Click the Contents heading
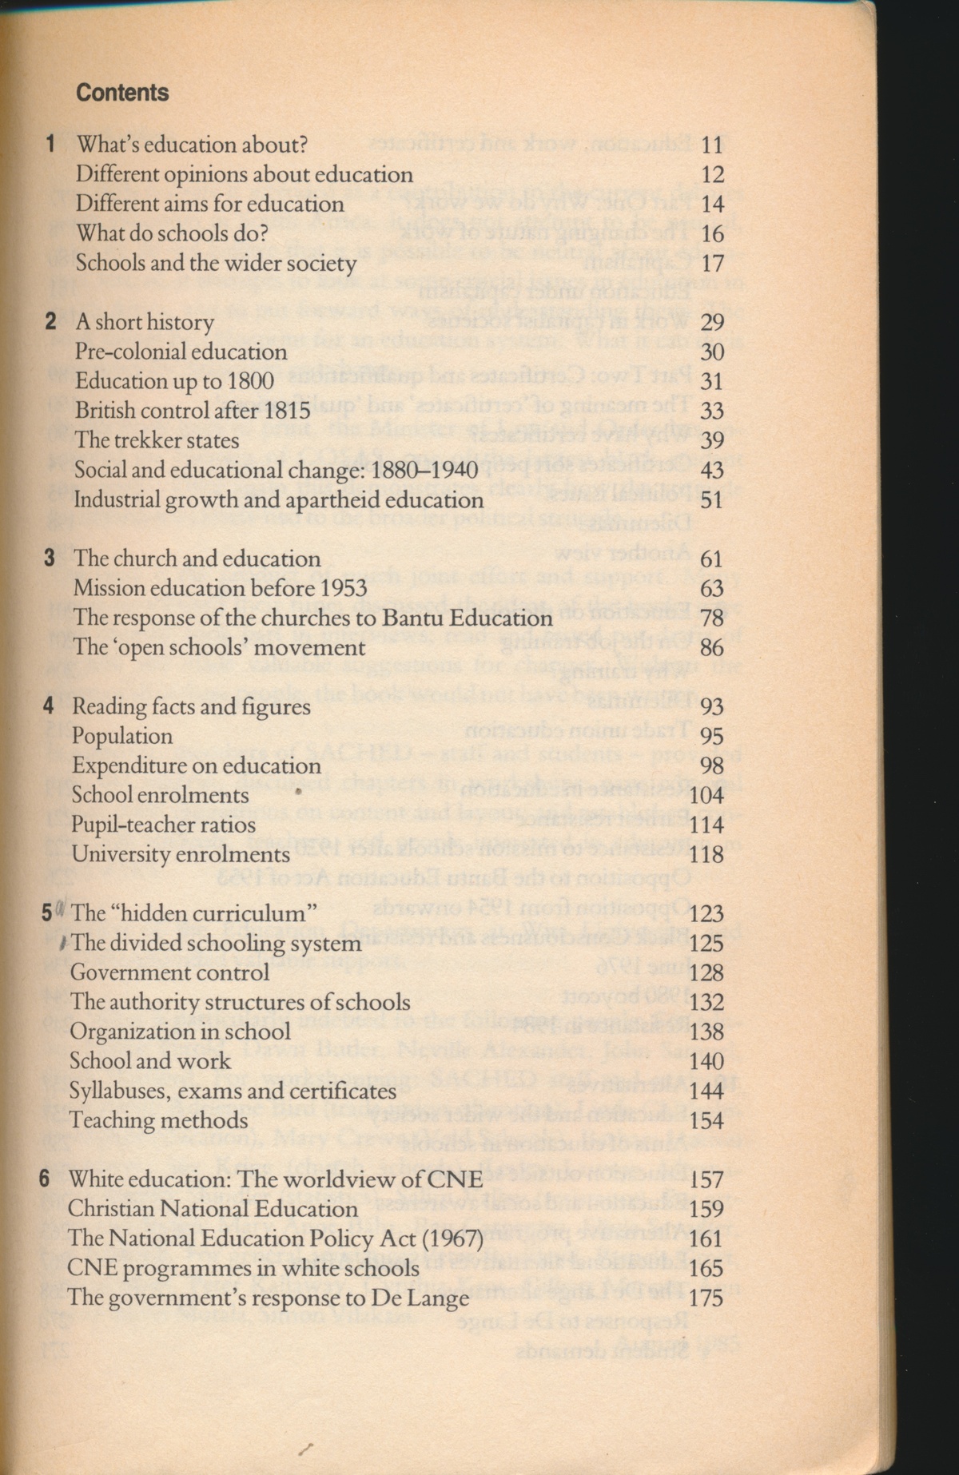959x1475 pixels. [x=122, y=93]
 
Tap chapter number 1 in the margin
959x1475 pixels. [x=51, y=145]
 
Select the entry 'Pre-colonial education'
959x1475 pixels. [x=181, y=352]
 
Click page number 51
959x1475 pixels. [x=710, y=499]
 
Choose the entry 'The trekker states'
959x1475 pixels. [x=157, y=440]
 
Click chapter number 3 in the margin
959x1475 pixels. [x=50, y=558]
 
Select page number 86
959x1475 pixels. [x=710, y=647]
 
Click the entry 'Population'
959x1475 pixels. [x=121, y=736]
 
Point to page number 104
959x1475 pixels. [x=706, y=795]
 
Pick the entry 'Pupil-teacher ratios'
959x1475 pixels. [x=163, y=825]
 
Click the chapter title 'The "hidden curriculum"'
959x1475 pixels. [x=195, y=913]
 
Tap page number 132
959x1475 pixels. [x=706, y=1002]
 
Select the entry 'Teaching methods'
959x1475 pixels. [x=158, y=1120]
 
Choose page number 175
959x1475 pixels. [x=706, y=1298]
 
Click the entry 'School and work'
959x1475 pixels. [x=149, y=1061]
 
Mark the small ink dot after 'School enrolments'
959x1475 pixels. [x=297, y=793]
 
